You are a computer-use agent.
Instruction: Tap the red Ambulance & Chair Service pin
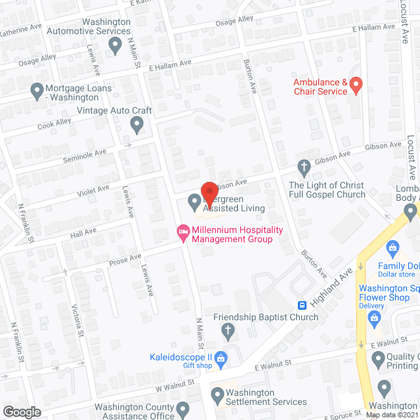[x=356, y=85]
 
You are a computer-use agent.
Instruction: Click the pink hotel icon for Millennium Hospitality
[x=183, y=232]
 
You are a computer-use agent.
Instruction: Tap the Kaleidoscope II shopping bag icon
[x=221, y=358]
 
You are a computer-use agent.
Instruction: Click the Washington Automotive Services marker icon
[x=115, y=46]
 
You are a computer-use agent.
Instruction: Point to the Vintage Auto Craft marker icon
[x=136, y=123]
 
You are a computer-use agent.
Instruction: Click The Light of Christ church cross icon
[x=304, y=168]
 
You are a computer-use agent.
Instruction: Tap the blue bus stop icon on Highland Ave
[x=303, y=305]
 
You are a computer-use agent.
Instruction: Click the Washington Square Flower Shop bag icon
[x=375, y=320]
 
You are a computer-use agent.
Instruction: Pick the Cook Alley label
[x=54, y=125]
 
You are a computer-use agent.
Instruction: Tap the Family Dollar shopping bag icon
[x=393, y=248]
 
